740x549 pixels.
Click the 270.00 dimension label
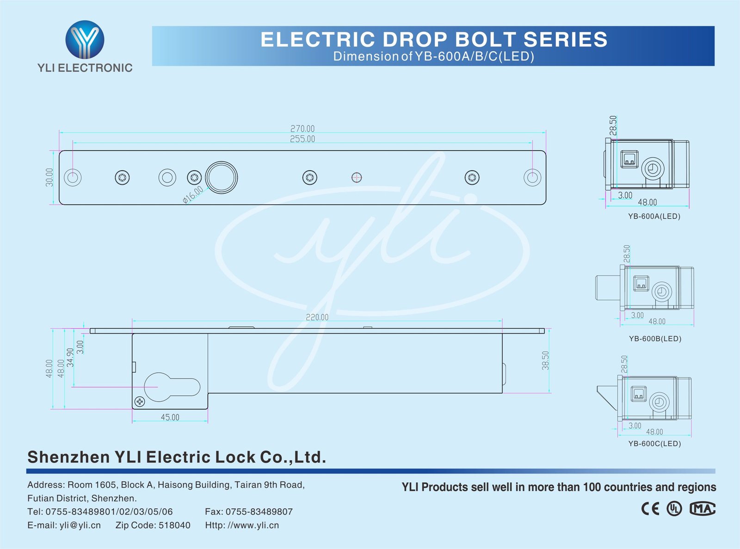302,128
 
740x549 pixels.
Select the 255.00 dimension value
302,139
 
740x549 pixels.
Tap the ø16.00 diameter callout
193,195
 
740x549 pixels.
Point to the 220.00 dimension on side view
317,317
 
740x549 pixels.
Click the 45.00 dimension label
170,417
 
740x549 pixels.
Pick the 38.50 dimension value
546,360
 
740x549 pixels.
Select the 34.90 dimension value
70,357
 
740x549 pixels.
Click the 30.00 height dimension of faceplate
49,177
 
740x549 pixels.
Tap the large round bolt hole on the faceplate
222,177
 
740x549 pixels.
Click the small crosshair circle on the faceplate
357,177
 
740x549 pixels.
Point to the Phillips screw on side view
140,402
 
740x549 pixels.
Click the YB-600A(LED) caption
654,216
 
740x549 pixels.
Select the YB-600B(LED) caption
655,339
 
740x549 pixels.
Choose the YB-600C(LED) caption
654,444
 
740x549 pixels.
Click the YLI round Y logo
85,39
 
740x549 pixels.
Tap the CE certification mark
650,509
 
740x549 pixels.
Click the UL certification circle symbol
674,509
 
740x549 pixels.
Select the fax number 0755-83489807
259,512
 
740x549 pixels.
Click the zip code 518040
174,525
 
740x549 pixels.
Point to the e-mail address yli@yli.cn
80,525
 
